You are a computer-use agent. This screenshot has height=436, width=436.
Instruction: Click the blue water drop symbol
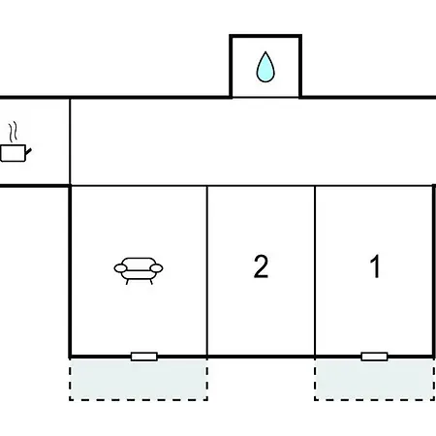pyautogui.click(x=265, y=67)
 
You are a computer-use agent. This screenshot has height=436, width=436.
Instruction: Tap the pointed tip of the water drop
pyautogui.click(x=265, y=51)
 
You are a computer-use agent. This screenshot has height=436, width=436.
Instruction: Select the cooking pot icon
pyautogui.click(x=16, y=141)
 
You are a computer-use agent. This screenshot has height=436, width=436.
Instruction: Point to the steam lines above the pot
pyautogui.click(x=13, y=132)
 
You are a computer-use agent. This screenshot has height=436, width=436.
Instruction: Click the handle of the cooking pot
pyautogui.click(x=28, y=151)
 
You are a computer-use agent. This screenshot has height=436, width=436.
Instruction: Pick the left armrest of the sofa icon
pyautogui.click(x=120, y=268)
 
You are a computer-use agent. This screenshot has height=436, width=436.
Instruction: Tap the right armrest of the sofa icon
pyautogui.click(x=157, y=268)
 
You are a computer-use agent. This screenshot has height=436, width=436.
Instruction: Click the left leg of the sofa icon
pyautogui.click(x=127, y=282)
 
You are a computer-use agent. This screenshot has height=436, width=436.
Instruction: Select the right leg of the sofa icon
pyautogui.click(x=150, y=282)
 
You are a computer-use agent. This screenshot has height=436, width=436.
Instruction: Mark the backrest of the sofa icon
pyautogui.click(x=139, y=264)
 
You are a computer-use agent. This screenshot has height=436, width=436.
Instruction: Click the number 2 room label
pyautogui.click(x=261, y=266)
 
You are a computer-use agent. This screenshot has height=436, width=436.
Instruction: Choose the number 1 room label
pyautogui.click(x=375, y=266)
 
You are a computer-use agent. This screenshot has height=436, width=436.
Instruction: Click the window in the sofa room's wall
pyautogui.click(x=144, y=357)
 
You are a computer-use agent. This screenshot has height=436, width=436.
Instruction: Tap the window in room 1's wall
pyautogui.click(x=374, y=357)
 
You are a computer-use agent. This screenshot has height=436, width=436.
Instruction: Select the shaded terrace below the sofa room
pyautogui.click(x=139, y=380)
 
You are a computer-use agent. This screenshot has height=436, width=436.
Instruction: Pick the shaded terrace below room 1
pyautogui.click(x=375, y=380)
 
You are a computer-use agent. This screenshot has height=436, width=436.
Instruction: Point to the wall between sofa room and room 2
pyautogui.click(x=207, y=271)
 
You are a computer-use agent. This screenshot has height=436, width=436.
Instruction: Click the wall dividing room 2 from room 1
pyautogui.click(x=315, y=271)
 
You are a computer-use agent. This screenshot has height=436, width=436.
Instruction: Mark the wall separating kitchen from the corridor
pyautogui.click(x=70, y=141)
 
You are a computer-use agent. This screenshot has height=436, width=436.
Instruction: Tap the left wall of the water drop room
pyautogui.click(x=231, y=66)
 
